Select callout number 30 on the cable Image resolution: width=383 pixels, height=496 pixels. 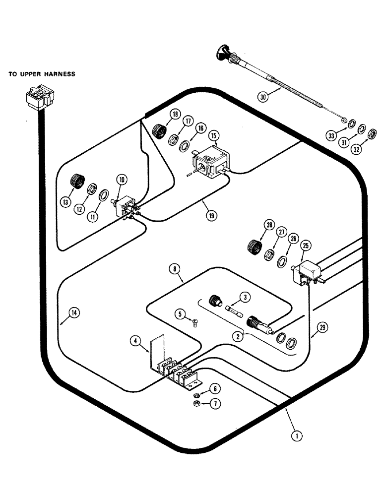click(x=263, y=97)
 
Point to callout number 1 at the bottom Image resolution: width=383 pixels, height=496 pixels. click(x=296, y=436)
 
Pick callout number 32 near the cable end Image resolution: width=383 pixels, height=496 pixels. click(x=358, y=148)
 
